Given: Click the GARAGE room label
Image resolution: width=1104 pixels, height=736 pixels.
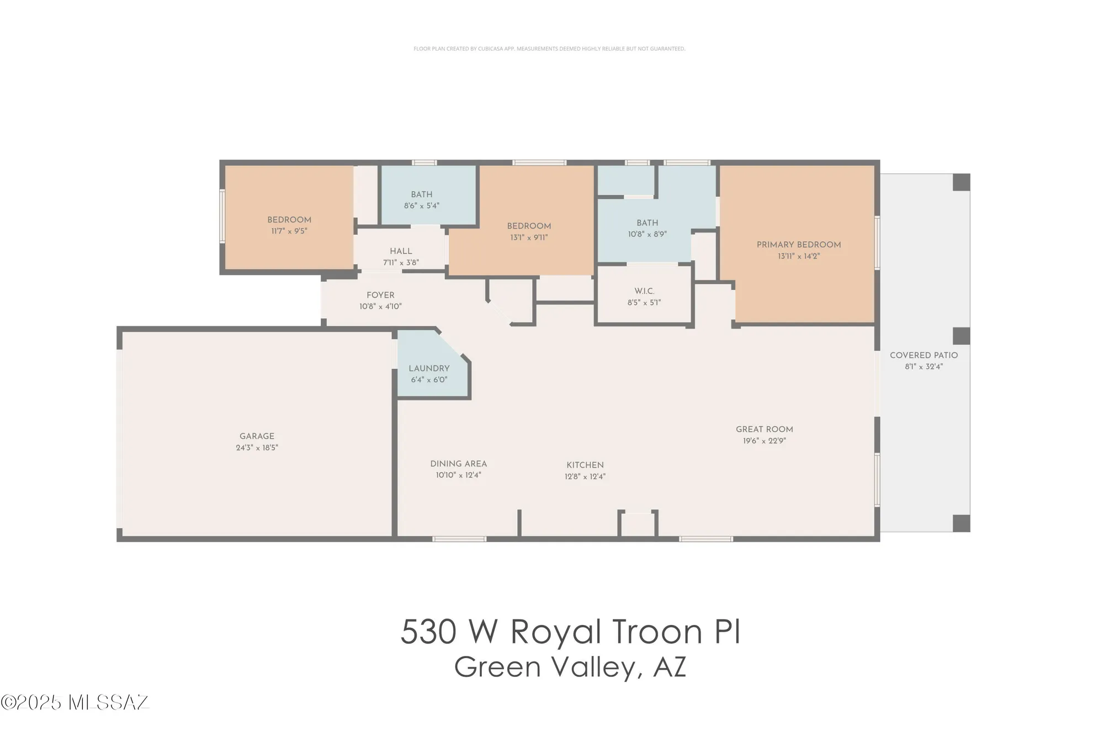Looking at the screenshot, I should [x=257, y=436].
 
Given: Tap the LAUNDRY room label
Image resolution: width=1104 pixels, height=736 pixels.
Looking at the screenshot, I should [x=429, y=368].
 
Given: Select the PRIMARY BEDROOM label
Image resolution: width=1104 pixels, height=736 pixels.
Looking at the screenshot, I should [x=798, y=245].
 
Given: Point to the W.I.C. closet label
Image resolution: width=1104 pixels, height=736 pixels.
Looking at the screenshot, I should [x=644, y=291].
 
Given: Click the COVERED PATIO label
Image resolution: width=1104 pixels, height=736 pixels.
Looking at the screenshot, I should [x=923, y=355].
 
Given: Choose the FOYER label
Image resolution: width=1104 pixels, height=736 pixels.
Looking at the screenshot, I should [x=380, y=295].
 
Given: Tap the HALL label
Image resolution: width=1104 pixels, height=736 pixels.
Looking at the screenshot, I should [x=401, y=251].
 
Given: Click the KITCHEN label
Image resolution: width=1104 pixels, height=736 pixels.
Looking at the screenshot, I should [x=585, y=465].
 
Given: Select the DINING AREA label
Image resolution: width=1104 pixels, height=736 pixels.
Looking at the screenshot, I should [x=458, y=464].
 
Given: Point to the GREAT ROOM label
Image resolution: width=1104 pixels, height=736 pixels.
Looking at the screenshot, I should [x=764, y=429].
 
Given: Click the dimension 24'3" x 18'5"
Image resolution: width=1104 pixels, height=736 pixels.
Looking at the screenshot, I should [x=257, y=448].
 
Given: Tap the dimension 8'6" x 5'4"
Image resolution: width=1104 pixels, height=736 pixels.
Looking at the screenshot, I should [x=421, y=206].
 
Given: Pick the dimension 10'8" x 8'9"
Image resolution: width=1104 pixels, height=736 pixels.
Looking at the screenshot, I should [x=647, y=234].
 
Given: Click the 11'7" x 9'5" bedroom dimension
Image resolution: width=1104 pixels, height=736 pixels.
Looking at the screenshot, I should [x=289, y=231].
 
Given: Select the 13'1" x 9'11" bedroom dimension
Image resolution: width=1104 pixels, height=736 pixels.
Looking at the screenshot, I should [x=529, y=238].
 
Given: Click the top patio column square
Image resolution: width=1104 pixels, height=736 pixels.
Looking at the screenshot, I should [x=961, y=182].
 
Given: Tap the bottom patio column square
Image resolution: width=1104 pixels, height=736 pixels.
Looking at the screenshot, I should [x=961, y=523].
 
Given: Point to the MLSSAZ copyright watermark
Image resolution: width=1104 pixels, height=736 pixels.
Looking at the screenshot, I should [x=75, y=702].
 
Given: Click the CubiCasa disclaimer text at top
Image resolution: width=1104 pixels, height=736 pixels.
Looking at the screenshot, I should [x=549, y=49].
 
